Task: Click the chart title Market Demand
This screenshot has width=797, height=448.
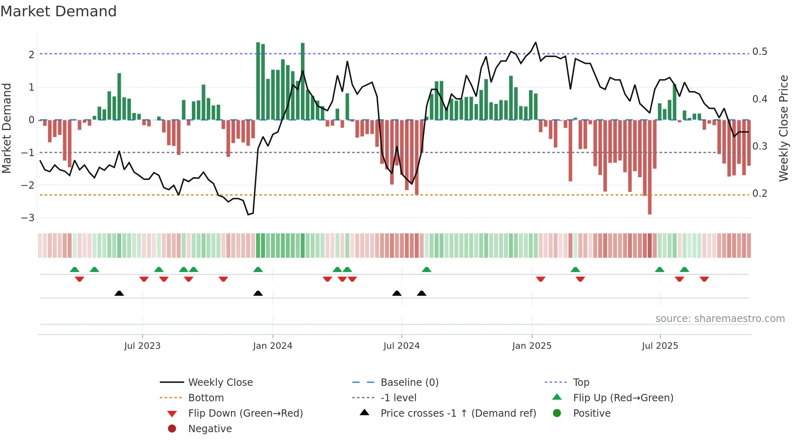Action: (59, 11)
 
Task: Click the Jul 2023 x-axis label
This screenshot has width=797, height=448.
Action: (142, 346)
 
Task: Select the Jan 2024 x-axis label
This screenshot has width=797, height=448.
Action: (272, 346)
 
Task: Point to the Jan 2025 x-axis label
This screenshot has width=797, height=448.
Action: (531, 346)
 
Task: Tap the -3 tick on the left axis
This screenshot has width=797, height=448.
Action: (28, 218)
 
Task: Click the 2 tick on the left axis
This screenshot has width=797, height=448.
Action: (31, 54)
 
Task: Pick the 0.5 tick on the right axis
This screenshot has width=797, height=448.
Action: (760, 52)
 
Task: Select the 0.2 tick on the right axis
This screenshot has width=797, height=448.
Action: (760, 194)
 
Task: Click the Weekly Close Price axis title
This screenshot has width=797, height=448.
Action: (783, 128)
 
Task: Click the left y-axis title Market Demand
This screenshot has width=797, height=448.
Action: (7, 128)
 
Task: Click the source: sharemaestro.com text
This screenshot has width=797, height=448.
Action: (720, 319)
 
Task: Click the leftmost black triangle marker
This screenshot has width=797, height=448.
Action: (119, 294)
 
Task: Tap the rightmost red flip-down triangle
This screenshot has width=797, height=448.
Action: (704, 279)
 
